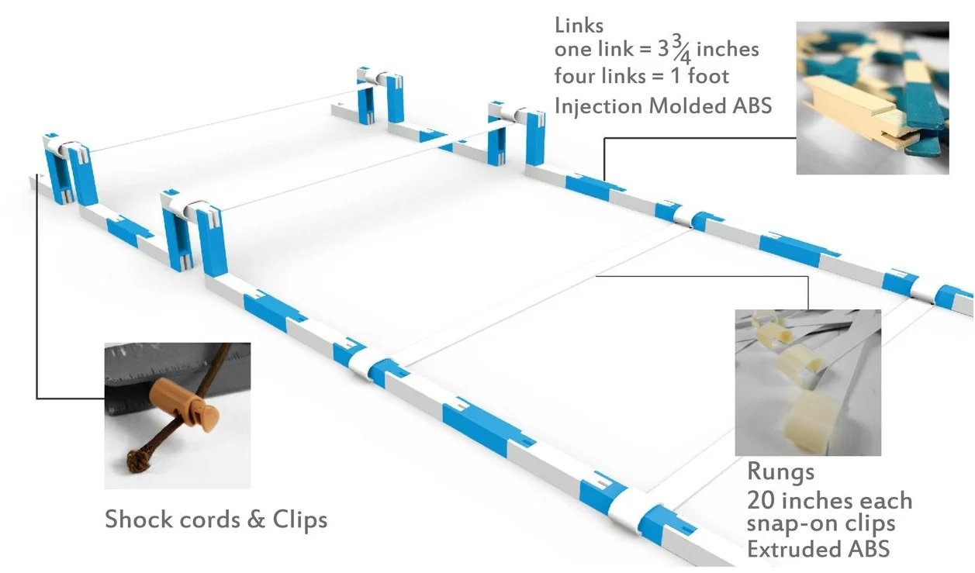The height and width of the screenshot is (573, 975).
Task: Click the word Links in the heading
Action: click(579, 25)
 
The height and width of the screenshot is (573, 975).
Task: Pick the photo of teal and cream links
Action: click(872, 97)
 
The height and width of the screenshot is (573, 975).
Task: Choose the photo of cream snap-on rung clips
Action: click(807, 382)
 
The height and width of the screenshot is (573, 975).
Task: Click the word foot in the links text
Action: click(707, 77)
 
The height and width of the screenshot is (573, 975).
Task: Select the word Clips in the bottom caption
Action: click(299, 519)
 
